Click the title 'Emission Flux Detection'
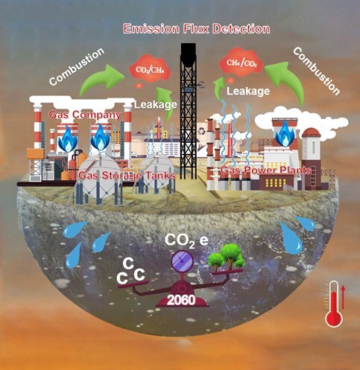click(197, 29)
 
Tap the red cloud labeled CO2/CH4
click(150, 68)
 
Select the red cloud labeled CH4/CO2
click(241, 62)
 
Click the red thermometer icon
click(334, 304)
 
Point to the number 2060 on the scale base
click(181, 300)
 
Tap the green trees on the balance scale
click(227, 257)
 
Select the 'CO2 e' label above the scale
click(186, 240)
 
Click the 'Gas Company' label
click(85, 115)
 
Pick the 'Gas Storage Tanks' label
click(127, 176)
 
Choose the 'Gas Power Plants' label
click(266, 170)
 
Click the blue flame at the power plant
click(285, 134)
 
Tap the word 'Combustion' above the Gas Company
click(77, 66)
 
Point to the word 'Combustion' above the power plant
click(316, 71)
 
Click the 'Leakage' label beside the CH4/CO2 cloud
click(248, 91)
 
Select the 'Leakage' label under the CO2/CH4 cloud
click(156, 104)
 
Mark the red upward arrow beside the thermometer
click(343, 297)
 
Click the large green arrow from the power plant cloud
click(285, 80)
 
